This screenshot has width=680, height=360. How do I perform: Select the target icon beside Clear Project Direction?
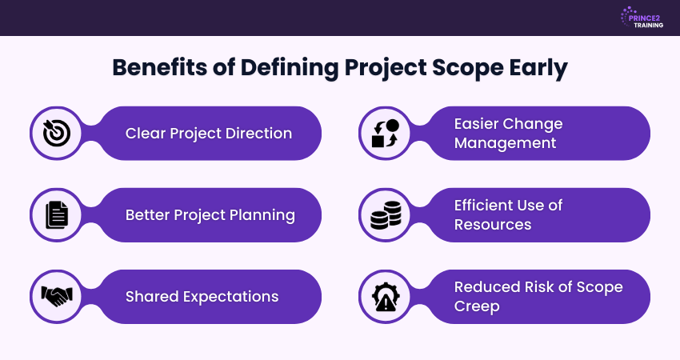pos(57,134)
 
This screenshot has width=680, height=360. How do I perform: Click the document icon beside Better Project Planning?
pos(57,215)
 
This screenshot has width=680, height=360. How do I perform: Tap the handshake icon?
pos(57,297)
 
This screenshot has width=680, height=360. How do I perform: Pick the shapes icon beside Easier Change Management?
pos(385,134)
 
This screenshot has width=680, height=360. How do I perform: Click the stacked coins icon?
pos(385,215)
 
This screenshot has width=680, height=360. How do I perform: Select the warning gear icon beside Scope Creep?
pos(385,297)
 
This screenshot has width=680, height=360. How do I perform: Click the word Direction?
pos(254,134)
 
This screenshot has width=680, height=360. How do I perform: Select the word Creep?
pos(475,307)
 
